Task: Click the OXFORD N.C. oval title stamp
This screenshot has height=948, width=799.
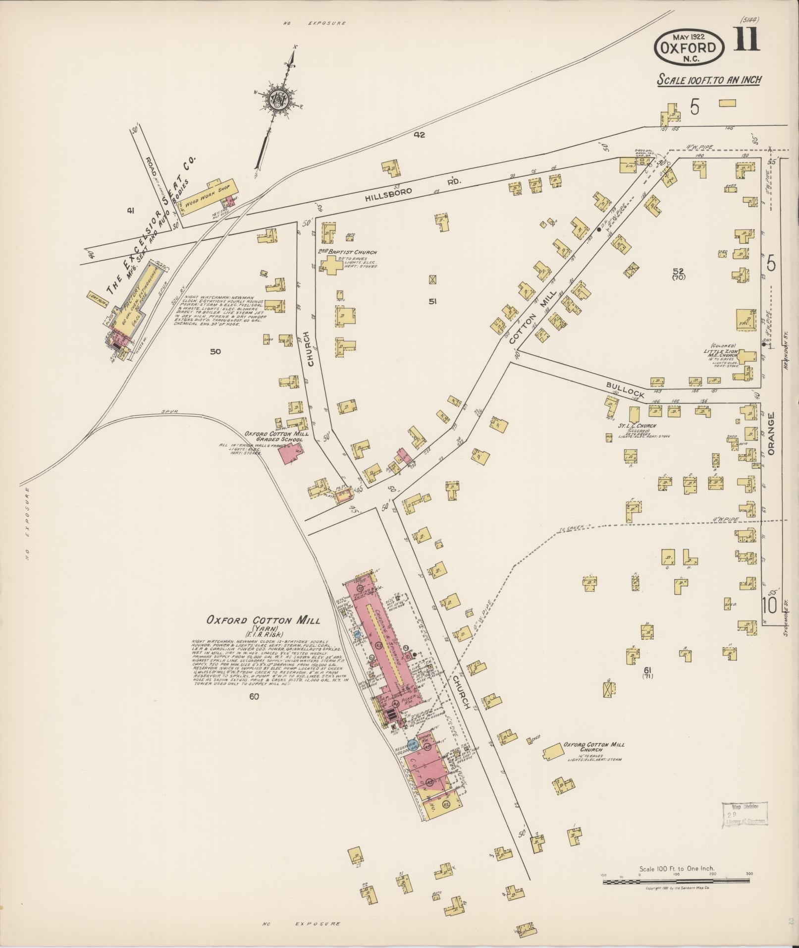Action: (x=690, y=48)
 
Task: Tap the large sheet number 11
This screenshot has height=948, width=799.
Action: (x=747, y=41)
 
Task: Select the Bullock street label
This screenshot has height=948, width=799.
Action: (x=626, y=388)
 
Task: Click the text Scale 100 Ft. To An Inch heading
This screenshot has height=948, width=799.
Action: (x=709, y=80)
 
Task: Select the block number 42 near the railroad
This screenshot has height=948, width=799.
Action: (x=420, y=134)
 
